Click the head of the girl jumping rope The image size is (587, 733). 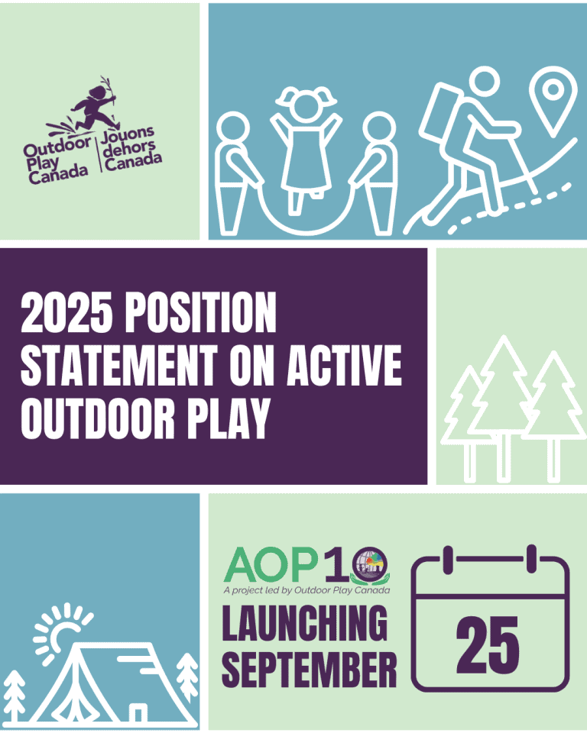coord(306,104)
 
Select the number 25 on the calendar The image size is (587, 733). coord(488,643)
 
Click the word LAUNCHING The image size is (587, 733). coord(305,623)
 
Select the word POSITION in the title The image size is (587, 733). coord(200,312)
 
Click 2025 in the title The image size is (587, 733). coord(67,312)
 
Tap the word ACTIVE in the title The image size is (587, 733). coord(345,365)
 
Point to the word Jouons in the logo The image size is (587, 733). coord(128,135)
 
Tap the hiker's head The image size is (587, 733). coord(484,82)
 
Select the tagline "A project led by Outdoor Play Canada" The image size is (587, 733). coord(306,590)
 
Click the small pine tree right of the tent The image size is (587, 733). coord(188,676)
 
